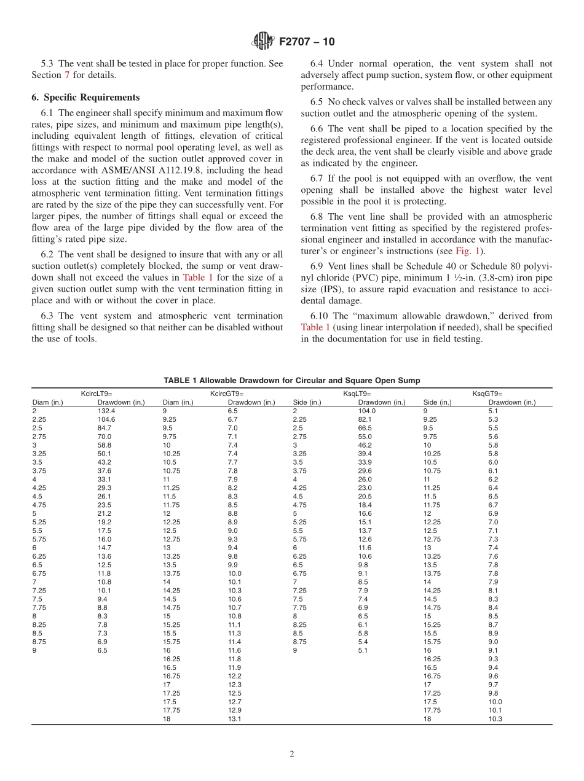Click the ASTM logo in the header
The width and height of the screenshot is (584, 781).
(263, 42)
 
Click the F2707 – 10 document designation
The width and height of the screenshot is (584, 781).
(307, 42)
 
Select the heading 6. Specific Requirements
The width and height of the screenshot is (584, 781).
(85, 97)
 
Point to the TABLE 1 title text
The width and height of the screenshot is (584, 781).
(291, 381)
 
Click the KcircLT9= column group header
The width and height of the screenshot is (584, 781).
(97, 394)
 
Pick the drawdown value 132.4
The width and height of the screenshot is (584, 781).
(106, 411)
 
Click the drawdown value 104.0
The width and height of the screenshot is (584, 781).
(366, 411)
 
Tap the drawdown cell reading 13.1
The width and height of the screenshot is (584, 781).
(234, 719)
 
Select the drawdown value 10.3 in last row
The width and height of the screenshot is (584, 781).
(495, 719)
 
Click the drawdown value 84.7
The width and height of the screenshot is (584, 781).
(104, 428)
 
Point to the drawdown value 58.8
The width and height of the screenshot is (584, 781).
(104, 445)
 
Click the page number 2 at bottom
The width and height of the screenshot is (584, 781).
(292, 755)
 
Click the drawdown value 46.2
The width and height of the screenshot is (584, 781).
(365, 445)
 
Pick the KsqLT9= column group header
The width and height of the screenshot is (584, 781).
(357, 394)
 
